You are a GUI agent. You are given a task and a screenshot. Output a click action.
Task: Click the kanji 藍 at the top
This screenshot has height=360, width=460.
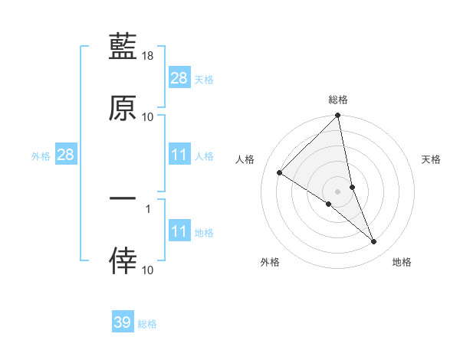(123, 48)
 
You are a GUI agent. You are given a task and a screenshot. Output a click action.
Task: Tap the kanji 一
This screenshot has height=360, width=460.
(123, 198)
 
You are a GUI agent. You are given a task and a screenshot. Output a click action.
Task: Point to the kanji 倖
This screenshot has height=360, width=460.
(123, 260)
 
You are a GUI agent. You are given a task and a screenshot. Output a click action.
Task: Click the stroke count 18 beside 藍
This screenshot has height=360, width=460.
(148, 57)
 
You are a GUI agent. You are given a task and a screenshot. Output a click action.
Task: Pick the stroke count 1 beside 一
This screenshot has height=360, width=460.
(148, 208)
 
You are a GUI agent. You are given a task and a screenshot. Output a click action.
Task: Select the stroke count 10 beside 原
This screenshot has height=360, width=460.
(148, 116)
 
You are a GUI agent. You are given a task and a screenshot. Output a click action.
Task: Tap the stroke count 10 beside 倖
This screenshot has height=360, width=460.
(148, 270)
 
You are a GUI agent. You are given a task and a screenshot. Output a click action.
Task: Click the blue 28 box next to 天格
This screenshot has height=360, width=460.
(179, 78)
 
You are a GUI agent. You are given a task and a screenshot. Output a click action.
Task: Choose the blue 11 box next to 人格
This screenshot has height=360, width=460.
(179, 155)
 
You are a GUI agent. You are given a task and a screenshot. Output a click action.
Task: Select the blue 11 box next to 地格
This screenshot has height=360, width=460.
(179, 231)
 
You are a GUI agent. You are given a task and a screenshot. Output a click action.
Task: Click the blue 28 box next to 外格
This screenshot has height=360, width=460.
(65, 155)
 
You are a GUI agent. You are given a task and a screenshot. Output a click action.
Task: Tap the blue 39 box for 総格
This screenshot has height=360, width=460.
(123, 322)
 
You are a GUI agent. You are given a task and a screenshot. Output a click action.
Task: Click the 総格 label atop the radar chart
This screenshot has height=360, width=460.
(338, 100)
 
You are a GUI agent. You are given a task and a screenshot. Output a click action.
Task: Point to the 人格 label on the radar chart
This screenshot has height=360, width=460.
(245, 159)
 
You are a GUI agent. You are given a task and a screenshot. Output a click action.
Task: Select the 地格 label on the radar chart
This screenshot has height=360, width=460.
(402, 262)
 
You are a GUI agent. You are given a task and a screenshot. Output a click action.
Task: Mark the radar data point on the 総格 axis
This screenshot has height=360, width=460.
(338, 116)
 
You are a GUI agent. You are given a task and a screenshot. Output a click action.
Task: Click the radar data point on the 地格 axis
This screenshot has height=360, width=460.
(374, 242)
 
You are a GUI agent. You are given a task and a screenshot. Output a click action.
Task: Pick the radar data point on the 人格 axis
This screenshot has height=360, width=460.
(280, 173)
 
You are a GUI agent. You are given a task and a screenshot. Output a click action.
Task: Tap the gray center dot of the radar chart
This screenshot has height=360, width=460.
(338, 191)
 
